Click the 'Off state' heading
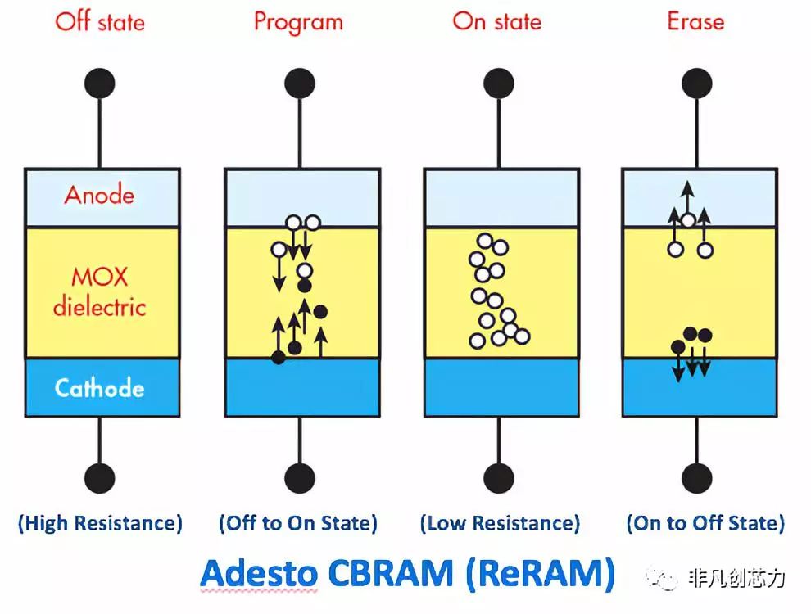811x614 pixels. click(x=99, y=21)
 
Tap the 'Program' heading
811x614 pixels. click(x=298, y=21)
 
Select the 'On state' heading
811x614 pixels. click(x=497, y=21)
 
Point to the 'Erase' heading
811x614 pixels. click(x=695, y=21)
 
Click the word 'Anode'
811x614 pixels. click(x=99, y=195)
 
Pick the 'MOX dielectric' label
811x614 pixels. click(x=99, y=291)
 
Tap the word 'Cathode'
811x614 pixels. click(x=100, y=387)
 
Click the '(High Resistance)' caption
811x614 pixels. click(x=100, y=523)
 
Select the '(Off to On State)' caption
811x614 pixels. click(x=298, y=523)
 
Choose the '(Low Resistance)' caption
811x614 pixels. click(x=499, y=523)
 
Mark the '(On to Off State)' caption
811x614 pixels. click(x=705, y=523)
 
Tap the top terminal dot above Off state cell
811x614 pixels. click(x=100, y=84)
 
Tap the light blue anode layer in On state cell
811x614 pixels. click(x=498, y=196)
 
